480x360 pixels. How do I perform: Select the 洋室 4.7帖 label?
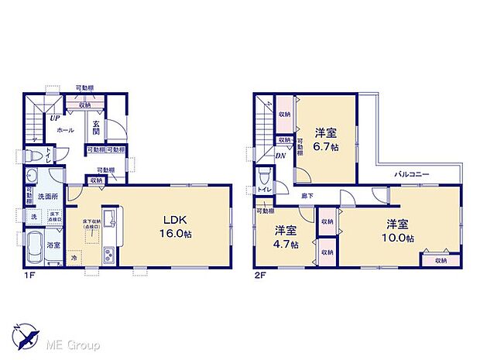click(286, 236)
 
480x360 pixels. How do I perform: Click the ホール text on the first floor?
click(65, 129)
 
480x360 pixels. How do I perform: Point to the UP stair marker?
click(55, 118)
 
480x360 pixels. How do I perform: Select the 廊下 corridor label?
click(308, 196)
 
